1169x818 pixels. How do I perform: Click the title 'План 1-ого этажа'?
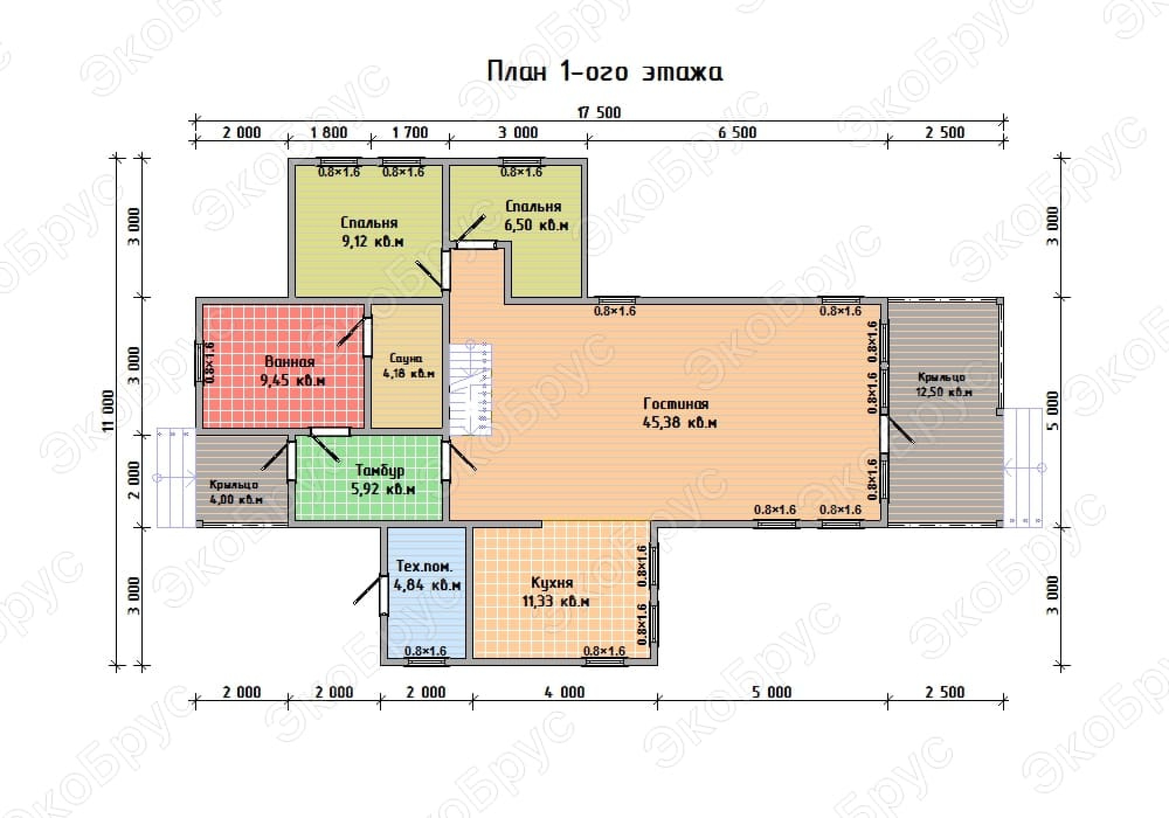pyautogui.click(x=605, y=72)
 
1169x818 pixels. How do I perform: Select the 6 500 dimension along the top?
pyautogui.click(x=737, y=133)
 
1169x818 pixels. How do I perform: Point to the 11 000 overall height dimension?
pyautogui.click(x=108, y=411)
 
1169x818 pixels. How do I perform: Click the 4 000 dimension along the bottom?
pyautogui.click(x=565, y=692)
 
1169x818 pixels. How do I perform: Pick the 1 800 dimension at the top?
pyautogui.click(x=329, y=133)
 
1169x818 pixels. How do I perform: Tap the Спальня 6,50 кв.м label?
pyautogui.click(x=536, y=215)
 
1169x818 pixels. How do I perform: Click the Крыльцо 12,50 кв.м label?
pyautogui.click(x=944, y=385)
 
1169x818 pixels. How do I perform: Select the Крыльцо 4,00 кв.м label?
pyautogui.click(x=236, y=492)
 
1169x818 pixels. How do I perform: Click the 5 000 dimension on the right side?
pyautogui.click(x=1053, y=411)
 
